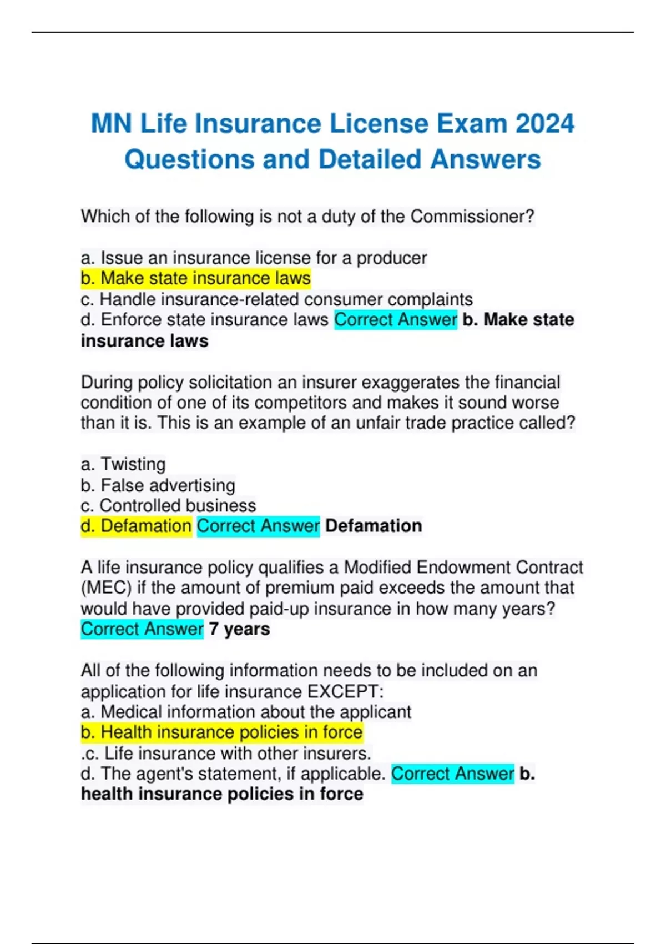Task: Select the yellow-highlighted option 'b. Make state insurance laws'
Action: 195,278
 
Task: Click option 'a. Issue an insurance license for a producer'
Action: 254,258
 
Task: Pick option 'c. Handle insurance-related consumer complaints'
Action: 276,299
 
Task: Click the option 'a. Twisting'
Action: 123,464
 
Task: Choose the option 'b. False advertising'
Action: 158,485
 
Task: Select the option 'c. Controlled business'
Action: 168,505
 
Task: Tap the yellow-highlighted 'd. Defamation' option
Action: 136,526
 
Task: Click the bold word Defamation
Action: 374,526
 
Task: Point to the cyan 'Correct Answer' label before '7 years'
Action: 142,629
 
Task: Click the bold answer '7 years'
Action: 239,629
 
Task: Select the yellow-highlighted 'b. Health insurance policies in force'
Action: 221,732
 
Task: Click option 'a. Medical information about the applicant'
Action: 246,712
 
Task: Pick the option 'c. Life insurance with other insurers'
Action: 226,754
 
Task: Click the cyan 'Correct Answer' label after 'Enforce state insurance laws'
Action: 396,320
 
